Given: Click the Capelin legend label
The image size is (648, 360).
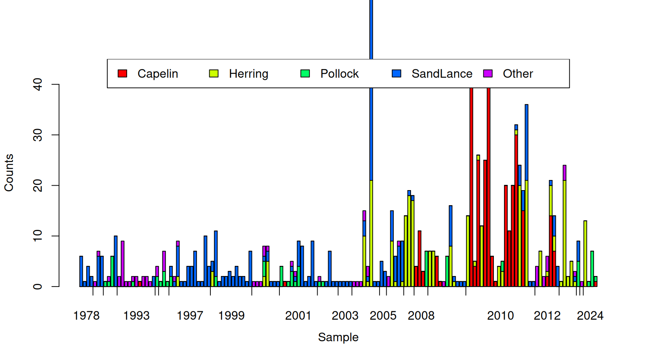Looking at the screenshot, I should (157, 73).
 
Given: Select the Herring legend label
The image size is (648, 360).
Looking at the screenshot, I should (249, 73).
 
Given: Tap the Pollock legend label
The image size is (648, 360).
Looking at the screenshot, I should (339, 73).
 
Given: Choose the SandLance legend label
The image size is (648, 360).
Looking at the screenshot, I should (442, 73).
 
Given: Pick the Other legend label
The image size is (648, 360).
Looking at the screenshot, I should (517, 73).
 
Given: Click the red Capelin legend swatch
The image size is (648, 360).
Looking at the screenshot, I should (122, 73).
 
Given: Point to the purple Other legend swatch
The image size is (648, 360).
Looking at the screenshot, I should (488, 73).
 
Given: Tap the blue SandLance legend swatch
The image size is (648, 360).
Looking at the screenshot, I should (396, 73).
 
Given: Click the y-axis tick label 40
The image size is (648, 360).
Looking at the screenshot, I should (38, 84).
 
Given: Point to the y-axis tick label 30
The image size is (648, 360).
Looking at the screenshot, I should (38, 135).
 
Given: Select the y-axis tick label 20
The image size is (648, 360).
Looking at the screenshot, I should (38, 186).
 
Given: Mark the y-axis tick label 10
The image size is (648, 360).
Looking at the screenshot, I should (38, 236).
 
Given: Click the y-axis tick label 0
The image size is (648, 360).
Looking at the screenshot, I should (38, 286).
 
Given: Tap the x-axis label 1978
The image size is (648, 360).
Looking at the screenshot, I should (86, 316).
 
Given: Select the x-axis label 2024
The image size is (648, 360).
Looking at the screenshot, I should (590, 316).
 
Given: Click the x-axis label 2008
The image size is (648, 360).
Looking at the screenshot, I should (421, 316).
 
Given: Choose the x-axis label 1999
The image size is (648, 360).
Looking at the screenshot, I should (231, 316).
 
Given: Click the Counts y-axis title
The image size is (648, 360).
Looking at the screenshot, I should (9, 172).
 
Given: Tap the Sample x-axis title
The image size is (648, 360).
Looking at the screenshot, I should (338, 337).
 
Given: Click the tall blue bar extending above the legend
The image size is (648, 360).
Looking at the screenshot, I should (371, 30).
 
